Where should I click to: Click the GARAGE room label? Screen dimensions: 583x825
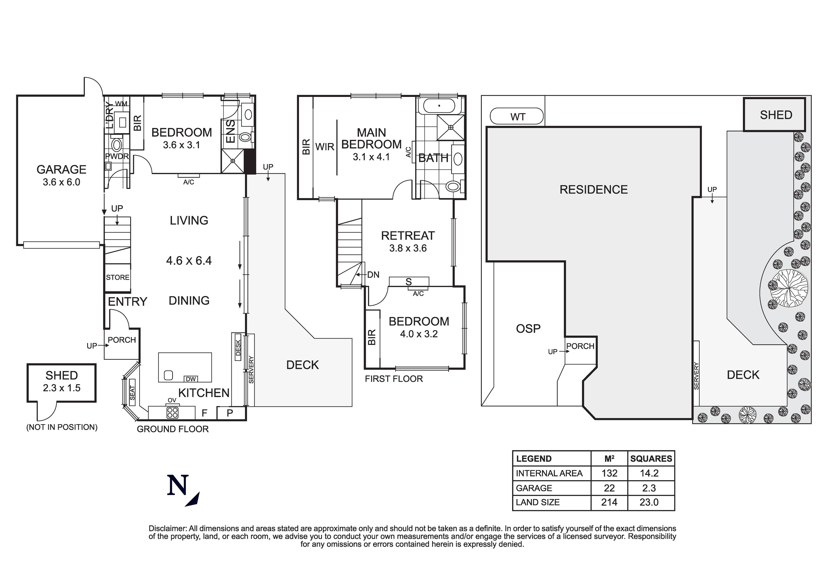[61, 169]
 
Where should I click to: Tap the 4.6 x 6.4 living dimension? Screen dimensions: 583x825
[189, 260]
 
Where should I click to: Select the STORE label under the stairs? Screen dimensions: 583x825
[117, 277]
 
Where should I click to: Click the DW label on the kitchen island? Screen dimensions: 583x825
[191, 379]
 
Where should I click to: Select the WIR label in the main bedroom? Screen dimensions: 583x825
[325, 147]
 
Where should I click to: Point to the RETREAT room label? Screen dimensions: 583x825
[408, 236]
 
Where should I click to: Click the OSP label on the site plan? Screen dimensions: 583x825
[528, 328]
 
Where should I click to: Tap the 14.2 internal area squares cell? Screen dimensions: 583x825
[649, 473]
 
